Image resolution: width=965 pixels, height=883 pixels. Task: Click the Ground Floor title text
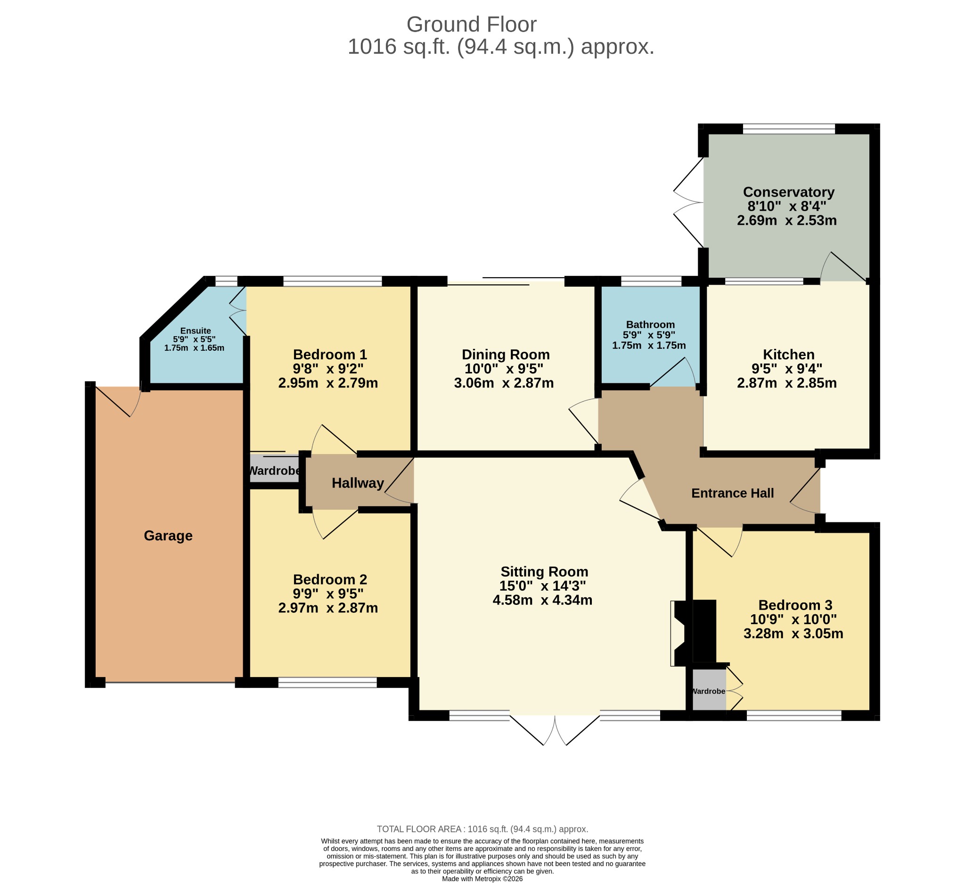[x=471, y=25]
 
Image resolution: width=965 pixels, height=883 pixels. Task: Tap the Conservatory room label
[x=788, y=192]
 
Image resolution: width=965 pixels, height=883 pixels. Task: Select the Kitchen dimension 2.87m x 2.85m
[x=786, y=383]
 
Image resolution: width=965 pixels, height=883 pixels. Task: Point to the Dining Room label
[x=506, y=355]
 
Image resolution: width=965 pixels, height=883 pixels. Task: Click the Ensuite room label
[x=195, y=330]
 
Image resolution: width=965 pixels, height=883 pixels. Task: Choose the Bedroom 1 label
[x=330, y=355]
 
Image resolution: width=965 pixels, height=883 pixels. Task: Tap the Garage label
[x=168, y=536]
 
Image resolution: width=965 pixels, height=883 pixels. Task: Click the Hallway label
[x=358, y=483]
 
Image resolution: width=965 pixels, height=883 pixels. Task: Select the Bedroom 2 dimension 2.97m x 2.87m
[x=328, y=608]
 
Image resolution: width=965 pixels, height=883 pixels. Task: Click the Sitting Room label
[x=544, y=572]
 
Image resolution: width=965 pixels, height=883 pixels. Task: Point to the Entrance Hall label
[x=732, y=493]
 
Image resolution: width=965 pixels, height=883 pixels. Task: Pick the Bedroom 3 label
[x=795, y=605]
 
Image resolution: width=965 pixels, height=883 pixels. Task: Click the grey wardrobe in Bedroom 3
[x=710, y=690]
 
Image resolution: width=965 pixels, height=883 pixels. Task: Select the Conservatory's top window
[x=789, y=129]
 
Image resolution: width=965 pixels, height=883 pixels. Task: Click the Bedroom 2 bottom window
[x=327, y=682]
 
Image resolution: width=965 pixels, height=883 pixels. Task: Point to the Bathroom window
[x=651, y=281]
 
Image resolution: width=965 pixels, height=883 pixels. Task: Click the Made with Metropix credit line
[x=482, y=878]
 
